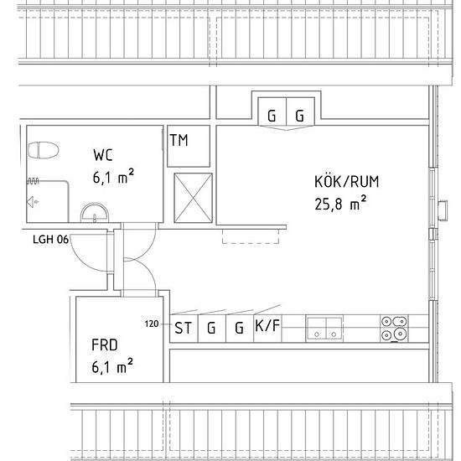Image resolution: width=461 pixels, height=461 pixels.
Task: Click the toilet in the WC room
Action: click(44, 150)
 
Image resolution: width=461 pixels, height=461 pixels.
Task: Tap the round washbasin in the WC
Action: click(95, 213)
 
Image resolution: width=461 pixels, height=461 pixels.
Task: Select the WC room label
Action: click(103, 155)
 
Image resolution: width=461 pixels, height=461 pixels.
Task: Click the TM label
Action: click(179, 140)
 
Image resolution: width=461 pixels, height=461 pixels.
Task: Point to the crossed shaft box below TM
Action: click(193, 198)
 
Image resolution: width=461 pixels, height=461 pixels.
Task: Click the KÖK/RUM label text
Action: click(347, 181)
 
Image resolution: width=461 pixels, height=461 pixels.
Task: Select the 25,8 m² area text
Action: click(340, 203)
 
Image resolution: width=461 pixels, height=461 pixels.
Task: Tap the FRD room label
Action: click(105, 344)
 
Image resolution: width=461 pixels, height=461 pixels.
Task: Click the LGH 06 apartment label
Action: click(50, 240)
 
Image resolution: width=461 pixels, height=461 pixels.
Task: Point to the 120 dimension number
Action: click(152, 324)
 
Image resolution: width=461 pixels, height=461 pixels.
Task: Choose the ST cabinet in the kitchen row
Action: click(184, 329)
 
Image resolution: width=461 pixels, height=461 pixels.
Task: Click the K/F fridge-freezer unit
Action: click(267, 329)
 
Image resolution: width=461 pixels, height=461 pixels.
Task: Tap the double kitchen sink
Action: click(324, 329)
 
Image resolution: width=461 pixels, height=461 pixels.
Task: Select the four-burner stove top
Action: click(394, 329)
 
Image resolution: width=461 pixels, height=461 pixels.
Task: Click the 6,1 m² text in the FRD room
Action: click(112, 366)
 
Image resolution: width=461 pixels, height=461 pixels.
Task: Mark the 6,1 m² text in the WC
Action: click(113, 176)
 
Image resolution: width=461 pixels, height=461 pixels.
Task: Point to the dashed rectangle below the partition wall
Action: click(251, 236)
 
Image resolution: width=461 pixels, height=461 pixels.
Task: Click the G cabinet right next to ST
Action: click(212, 329)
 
